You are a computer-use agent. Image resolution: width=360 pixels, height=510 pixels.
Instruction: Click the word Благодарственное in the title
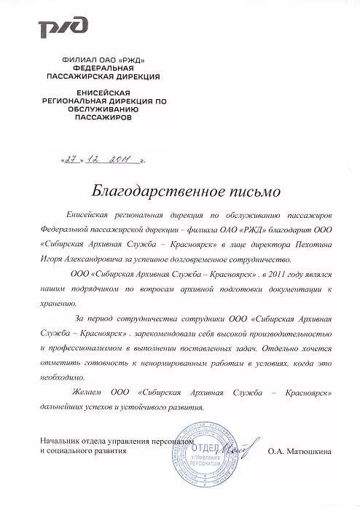pyautogui.click(x=141, y=192)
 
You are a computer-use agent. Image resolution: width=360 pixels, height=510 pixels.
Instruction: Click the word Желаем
pyautogui.click(x=88, y=392)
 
